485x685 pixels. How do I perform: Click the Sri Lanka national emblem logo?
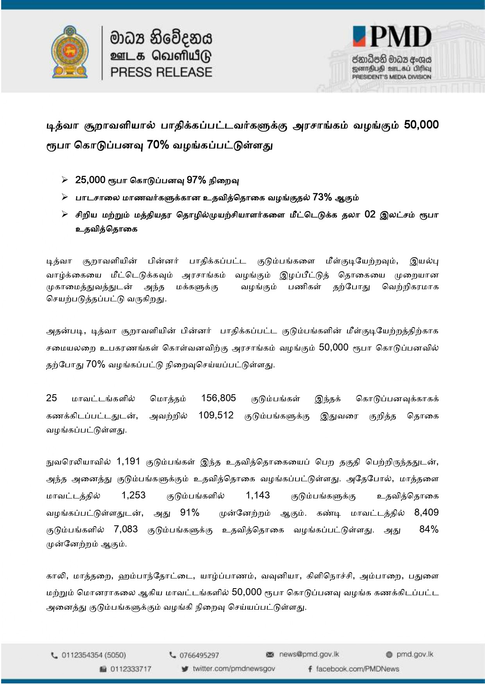tap(70, 52)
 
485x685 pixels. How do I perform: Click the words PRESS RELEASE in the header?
tap(161, 72)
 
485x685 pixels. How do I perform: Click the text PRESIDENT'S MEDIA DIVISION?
tap(391, 77)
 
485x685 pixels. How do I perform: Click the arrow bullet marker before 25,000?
tap(65, 180)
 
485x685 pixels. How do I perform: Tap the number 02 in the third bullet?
tap(370, 215)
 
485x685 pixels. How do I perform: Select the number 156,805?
tap(218, 398)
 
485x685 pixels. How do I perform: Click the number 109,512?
tap(216, 415)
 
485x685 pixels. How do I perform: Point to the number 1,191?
tap(128, 461)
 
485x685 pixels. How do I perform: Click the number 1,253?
tap(133, 495)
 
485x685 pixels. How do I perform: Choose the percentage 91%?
tap(190, 512)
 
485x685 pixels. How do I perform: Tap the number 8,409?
tap(426, 512)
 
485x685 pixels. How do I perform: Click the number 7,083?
tap(126, 529)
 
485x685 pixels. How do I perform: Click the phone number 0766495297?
tap(199, 655)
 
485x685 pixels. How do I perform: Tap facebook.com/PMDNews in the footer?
tap(357, 669)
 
